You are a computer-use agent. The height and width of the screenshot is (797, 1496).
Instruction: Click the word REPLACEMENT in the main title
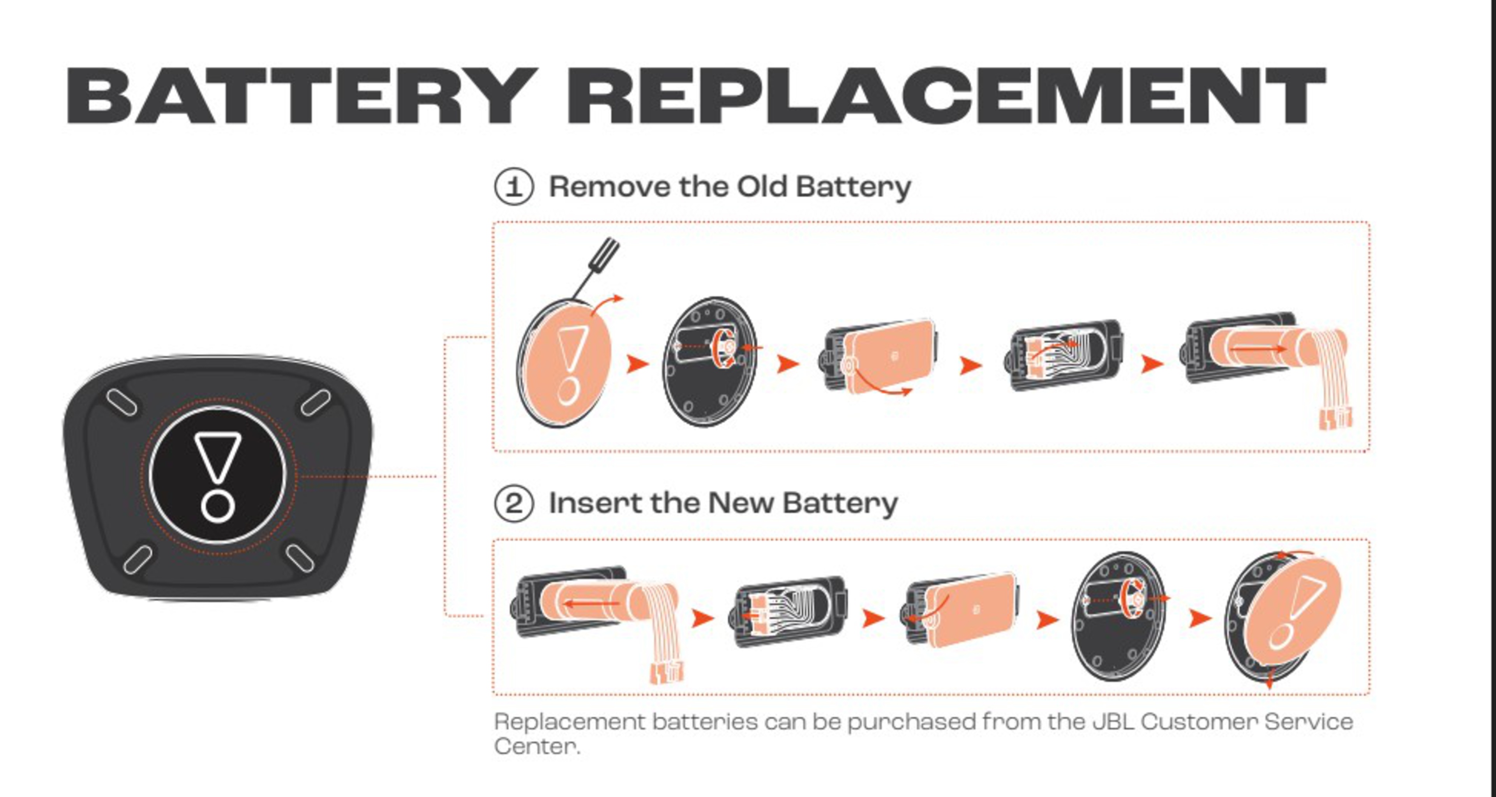coord(947,96)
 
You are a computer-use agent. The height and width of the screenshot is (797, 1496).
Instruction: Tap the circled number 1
coord(513,187)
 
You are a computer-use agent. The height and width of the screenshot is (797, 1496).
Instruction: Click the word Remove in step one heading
coord(610,187)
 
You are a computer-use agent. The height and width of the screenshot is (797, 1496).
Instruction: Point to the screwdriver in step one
coord(596,268)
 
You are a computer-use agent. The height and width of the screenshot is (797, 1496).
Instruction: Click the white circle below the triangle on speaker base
coord(218,506)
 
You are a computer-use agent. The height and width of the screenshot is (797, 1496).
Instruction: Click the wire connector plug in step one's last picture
coord(1334,418)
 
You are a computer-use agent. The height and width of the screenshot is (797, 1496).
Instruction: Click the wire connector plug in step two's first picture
coord(666,673)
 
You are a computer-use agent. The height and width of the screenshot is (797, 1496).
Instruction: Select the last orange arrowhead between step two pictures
coord(1200,618)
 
